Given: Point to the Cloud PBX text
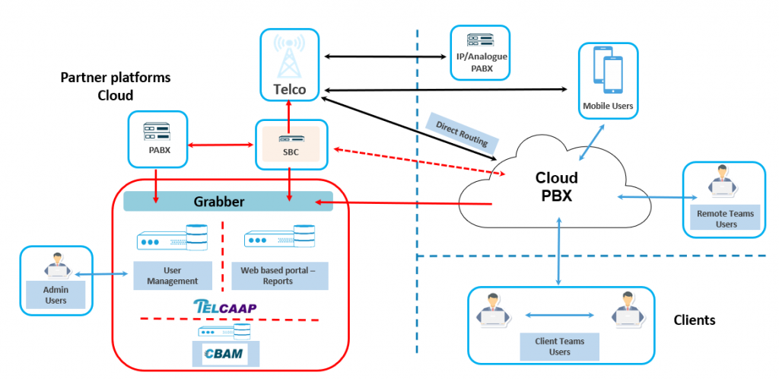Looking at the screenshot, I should [x=556, y=186].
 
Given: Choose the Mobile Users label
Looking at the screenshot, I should [x=607, y=106].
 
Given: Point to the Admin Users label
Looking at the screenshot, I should [x=56, y=295].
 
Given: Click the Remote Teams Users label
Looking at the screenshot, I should [x=725, y=218].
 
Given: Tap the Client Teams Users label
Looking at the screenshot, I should [x=559, y=346].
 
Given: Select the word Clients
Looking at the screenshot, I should [x=695, y=320].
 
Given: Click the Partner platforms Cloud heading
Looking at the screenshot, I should [x=115, y=87].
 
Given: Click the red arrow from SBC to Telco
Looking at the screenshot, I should [x=290, y=110].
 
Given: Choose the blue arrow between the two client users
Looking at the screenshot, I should [x=559, y=315].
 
